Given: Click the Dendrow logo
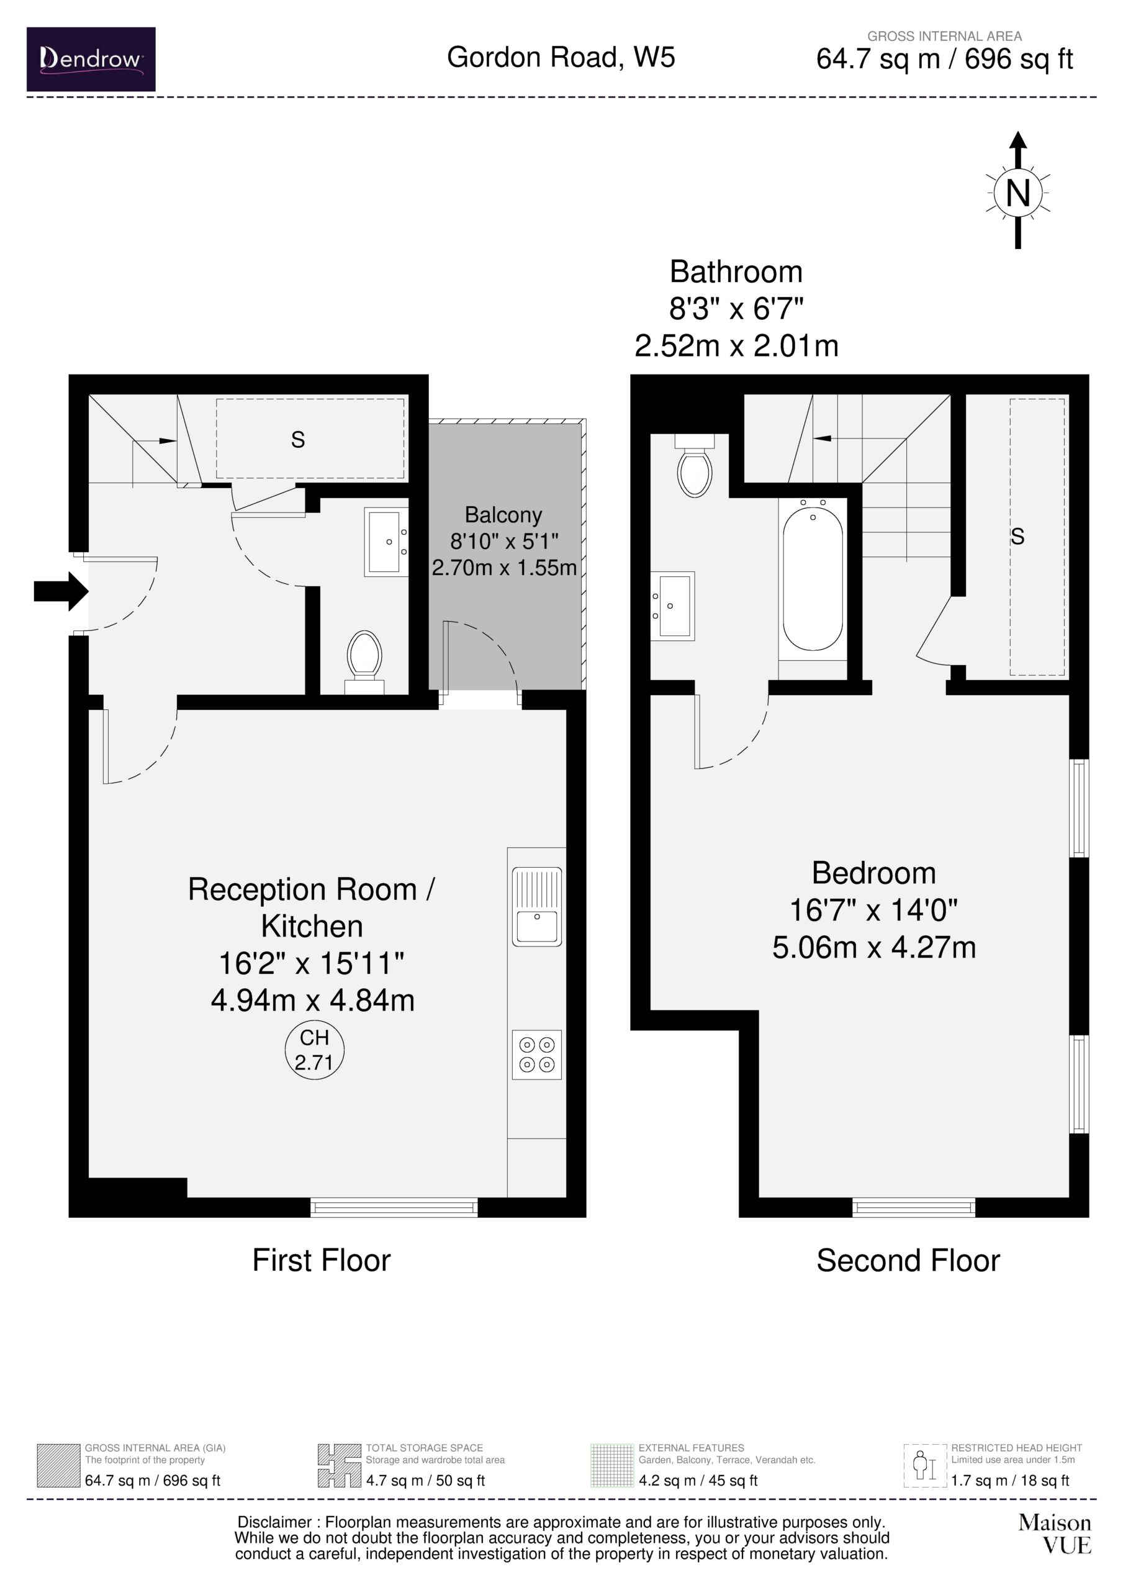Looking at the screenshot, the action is [91, 59].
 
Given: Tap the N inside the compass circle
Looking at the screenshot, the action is [1017, 194].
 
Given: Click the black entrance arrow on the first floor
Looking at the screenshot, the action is [61, 591].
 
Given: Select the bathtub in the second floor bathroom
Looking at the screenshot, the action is [813, 578].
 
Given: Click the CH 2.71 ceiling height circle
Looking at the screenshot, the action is [314, 1050].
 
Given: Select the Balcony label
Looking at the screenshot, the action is [503, 516].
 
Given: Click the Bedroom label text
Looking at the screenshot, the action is [873, 873].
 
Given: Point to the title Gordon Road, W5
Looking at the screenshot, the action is [561, 57].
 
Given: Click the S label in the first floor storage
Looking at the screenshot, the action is [298, 440].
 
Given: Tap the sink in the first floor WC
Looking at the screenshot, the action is [384, 542].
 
